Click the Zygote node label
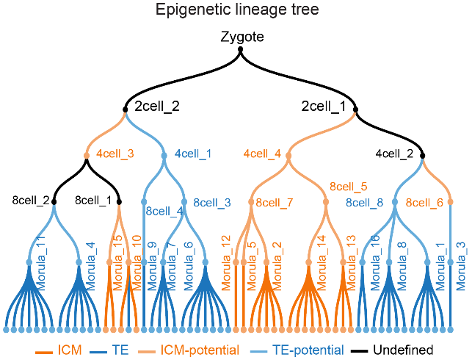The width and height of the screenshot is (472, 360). coord(242,36)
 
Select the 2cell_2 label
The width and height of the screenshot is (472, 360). coord(156,107)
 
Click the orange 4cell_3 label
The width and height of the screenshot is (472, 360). coord(115,154)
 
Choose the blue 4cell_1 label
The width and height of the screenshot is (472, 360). coord(193,154)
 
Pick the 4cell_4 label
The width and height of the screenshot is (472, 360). coord(262,154)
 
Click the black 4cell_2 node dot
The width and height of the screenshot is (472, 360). coord(422,154)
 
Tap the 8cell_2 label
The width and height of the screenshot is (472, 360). coord(31,200)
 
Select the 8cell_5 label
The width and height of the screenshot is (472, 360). coord(348,187)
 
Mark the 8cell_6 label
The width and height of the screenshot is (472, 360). coord(424,202)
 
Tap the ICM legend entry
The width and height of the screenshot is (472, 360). coord(60,350)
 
